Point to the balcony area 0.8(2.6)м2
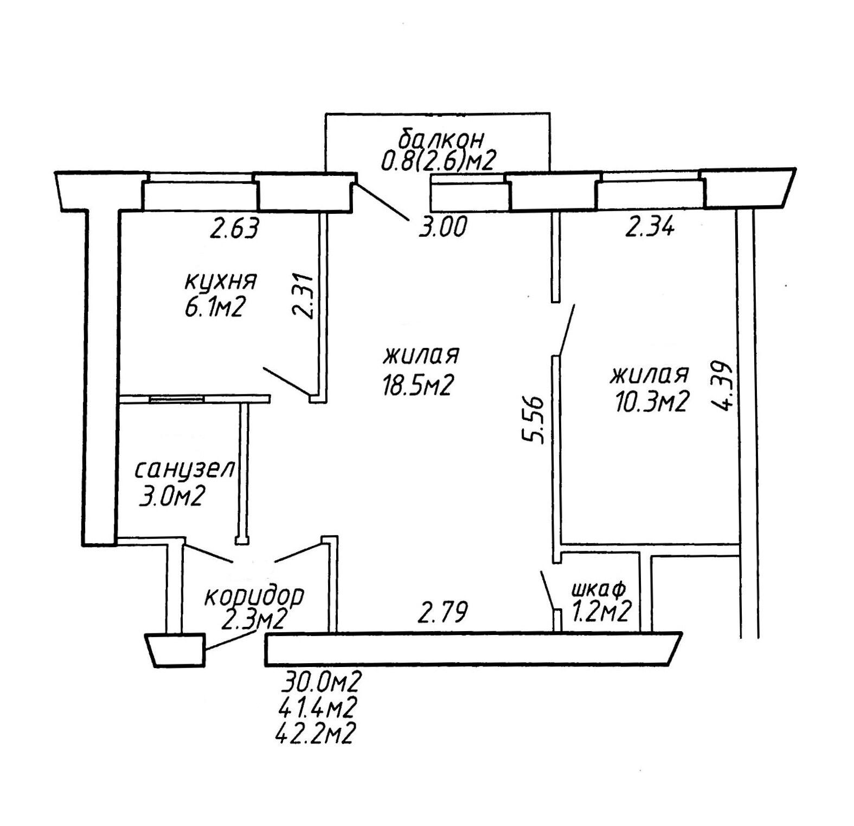(x=439, y=161)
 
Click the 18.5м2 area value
(x=416, y=386)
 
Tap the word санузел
(x=184, y=469)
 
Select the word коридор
(x=254, y=596)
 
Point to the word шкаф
(x=599, y=588)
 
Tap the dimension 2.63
(x=234, y=227)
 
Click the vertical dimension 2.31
(x=303, y=295)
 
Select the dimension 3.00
(x=442, y=227)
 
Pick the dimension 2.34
(x=650, y=226)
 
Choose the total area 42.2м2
(x=316, y=734)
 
